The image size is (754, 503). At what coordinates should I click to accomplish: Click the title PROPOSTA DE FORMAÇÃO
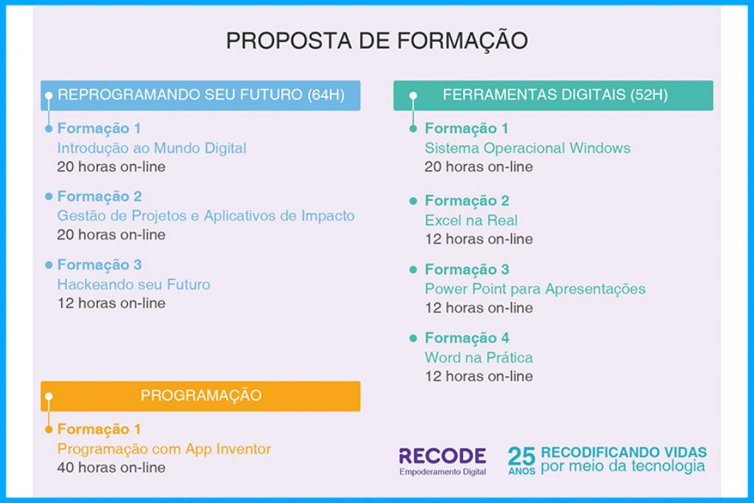[x=376, y=41]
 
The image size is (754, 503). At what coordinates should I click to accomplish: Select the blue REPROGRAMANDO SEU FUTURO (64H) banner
[x=200, y=95]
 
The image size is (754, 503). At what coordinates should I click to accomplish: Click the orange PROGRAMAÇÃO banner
[x=200, y=395]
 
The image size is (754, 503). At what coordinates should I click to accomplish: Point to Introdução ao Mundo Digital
[x=152, y=148]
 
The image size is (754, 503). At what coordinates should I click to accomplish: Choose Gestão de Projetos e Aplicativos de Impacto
[x=205, y=216]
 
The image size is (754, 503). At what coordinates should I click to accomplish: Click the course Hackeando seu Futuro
[x=133, y=284]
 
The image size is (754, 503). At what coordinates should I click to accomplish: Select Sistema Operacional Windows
[x=527, y=148]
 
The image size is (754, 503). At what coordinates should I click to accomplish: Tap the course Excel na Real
[x=471, y=220]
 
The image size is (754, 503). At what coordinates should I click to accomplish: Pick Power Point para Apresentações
[x=535, y=289]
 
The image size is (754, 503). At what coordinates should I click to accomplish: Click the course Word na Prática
[x=479, y=358]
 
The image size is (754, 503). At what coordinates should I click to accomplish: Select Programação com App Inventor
[x=164, y=449]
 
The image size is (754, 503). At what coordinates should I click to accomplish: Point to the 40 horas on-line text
[x=111, y=467]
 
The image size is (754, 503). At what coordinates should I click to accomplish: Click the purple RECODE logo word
[x=442, y=456]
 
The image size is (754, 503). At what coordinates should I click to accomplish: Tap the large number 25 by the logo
[x=521, y=456]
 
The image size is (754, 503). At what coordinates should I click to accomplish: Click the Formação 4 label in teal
[x=467, y=338]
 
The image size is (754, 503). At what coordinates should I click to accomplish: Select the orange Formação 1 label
[x=99, y=429]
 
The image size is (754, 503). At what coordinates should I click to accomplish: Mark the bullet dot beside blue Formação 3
[x=49, y=264]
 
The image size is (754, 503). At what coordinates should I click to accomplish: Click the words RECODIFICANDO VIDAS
[x=624, y=452]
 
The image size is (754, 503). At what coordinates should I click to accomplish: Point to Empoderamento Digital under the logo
[x=442, y=472]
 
